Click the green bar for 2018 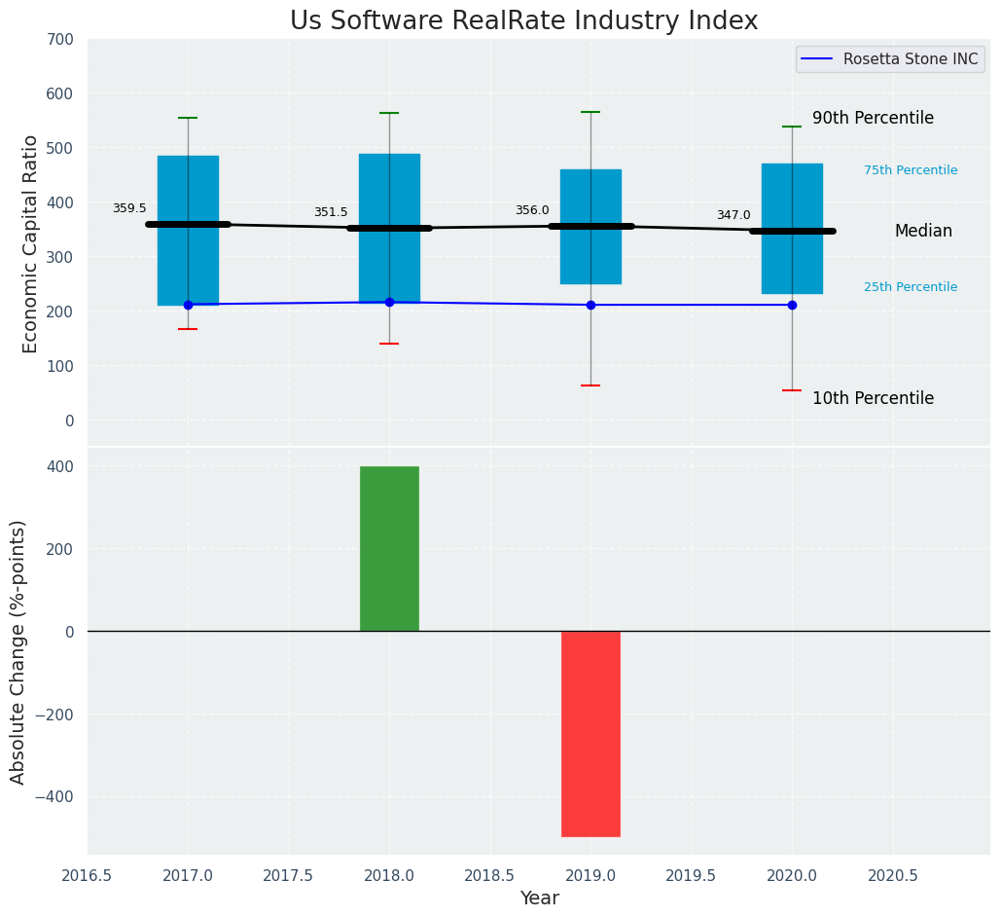coord(389,548)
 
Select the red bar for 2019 coord(590,733)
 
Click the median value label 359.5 coord(129,208)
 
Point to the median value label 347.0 coord(733,215)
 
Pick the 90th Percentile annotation coord(873,118)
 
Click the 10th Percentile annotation coord(873,398)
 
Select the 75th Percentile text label coord(911,170)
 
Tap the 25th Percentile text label coord(911,287)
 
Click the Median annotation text coord(923,231)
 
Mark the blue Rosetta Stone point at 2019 coord(590,305)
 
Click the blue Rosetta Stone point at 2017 coord(188,305)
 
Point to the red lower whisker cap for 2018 coord(389,344)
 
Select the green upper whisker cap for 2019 coord(590,112)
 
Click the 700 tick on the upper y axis coord(60,39)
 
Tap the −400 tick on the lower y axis coord(55,797)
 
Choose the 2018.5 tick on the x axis coord(490,875)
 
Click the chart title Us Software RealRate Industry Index coord(523,21)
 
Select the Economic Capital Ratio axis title coord(30,243)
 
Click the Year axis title coord(539,899)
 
